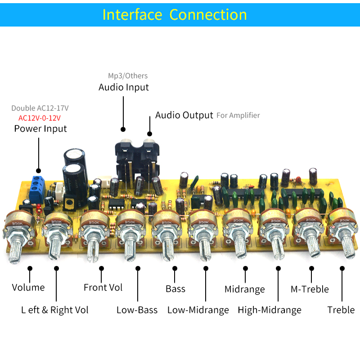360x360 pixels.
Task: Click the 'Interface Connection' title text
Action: coord(175,15)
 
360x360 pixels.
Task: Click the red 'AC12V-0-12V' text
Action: coord(40,118)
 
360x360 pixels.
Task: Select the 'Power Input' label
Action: coord(40,129)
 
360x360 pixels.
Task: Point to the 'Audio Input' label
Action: coord(123,87)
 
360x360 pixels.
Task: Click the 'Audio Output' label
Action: coord(184,115)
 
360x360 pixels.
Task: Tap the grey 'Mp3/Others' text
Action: coord(128,76)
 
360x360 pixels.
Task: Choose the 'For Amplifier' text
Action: coord(238,115)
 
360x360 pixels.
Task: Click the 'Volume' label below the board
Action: coord(28,288)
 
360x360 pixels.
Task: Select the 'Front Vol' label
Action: coord(103,288)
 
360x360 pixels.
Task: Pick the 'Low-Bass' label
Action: coord(137,310)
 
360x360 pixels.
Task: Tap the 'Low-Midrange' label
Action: coord(198,310)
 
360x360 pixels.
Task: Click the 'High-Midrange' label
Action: coord(270,310)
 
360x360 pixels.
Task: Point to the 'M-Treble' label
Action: coord(310,289)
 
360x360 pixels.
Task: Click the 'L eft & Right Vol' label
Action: coord(54,310)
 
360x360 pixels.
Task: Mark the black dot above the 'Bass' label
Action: coord(175,268)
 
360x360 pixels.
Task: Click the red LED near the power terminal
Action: coord(38,206)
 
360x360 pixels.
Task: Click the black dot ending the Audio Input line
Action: coord(123,129)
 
